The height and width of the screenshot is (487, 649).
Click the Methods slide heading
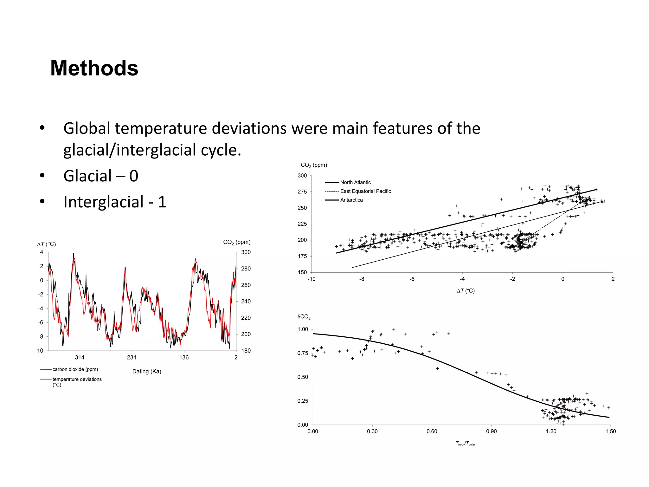[x=94, y=68]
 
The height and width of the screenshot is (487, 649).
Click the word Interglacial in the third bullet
[x=104, y=202]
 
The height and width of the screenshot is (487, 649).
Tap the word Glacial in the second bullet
[x=87, y=176]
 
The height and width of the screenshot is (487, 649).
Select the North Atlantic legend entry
[x=355, y=182]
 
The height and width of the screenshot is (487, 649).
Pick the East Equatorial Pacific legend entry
[x=365, y=191]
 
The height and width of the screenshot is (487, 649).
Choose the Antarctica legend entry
[x=351, y=200]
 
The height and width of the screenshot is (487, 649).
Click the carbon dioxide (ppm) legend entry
[x=75, y=369]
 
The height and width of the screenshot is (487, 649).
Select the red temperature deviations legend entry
[x=77, y=380]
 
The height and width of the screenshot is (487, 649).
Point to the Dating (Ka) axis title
[x=147, y=371]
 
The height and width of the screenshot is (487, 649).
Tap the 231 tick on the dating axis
[x=132, y=358]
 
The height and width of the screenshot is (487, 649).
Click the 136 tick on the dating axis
[x=184, y=358]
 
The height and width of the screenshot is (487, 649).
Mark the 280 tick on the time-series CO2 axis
[x=246, y=269]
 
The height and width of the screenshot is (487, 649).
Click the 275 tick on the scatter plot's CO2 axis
[x=302, y=192]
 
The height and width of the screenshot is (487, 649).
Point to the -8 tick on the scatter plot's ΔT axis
[x=362, y=279]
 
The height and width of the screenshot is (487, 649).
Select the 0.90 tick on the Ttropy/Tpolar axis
[x=491, y=432]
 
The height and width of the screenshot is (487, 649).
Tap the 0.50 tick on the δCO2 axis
[x=302, y=377]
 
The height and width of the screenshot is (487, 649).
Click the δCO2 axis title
[x=304, y=317]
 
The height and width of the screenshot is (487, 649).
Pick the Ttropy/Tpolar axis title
[x=465, y=444]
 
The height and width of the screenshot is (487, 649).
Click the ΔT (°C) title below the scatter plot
[x=466, y=291]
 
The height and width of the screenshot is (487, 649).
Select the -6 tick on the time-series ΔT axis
[x=41, y=322]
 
